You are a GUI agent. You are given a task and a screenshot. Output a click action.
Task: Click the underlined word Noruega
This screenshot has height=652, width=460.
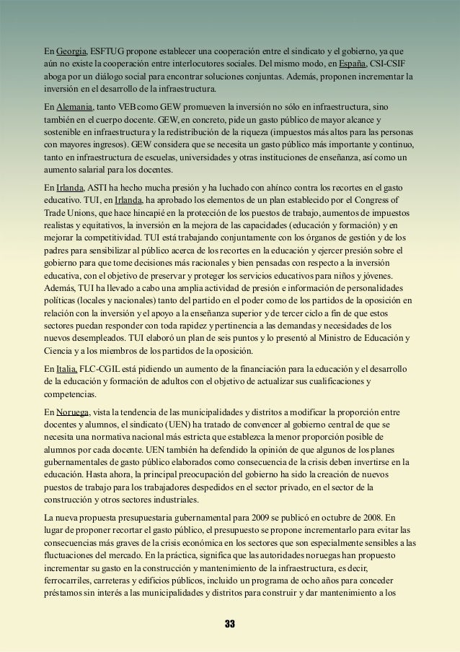75,411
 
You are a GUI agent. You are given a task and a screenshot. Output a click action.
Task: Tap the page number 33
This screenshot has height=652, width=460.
230,623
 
